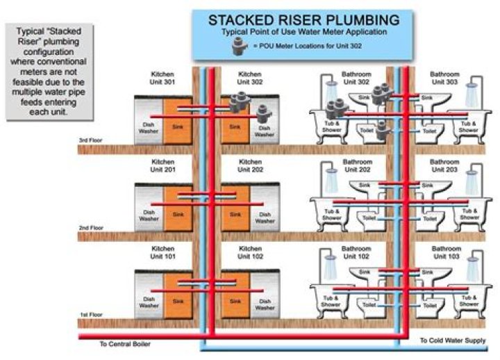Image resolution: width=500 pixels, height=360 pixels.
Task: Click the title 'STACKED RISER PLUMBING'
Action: tap(303, 19)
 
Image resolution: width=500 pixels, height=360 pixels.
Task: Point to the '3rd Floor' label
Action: tap(91, 141)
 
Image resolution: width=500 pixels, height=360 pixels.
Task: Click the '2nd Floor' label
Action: tap(91, 228)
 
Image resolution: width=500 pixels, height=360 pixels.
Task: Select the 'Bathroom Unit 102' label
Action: tap(355, 252)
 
